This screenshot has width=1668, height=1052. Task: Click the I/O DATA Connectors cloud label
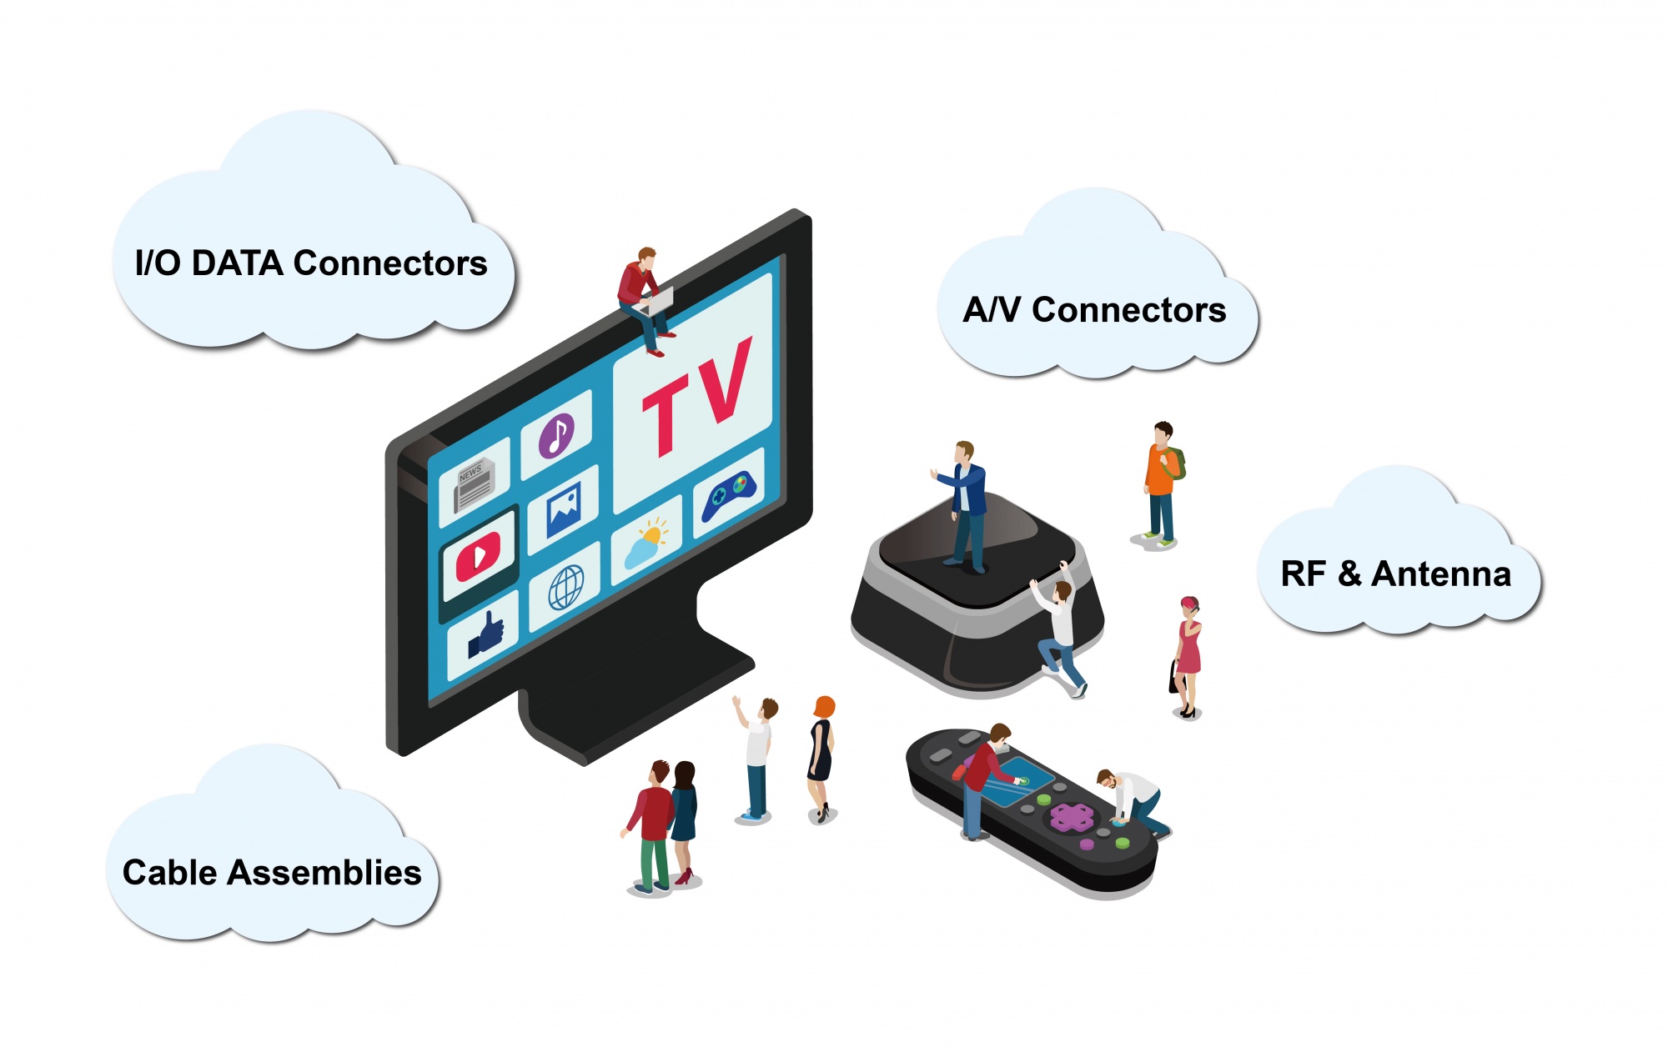point(311,263)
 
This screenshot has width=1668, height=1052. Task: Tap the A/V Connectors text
point(1094,310)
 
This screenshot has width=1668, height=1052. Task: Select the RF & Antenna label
point(1395,574)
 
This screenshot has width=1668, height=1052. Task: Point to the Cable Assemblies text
point(272,873)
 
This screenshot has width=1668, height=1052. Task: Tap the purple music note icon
point(556,435)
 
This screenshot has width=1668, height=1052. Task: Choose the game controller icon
point(728,495)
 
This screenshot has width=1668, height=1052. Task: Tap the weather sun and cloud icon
point(647,542)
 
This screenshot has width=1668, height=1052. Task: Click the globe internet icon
point(565,587)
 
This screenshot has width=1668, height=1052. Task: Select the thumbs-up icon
point(485,636)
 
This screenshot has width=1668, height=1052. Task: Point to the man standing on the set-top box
point(966,507)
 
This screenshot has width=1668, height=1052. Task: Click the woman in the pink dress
point(1188,656)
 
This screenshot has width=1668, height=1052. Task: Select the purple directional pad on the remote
point(1072,818)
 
